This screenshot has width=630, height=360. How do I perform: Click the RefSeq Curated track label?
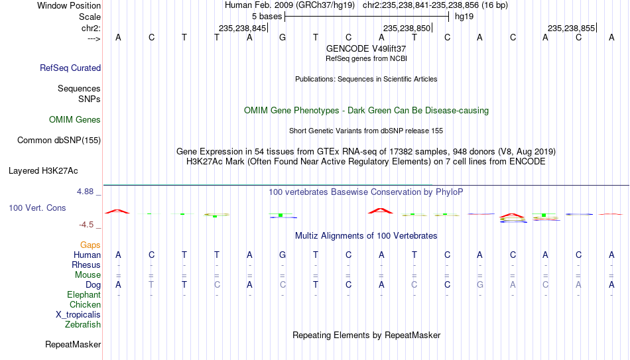[x=70, y=68]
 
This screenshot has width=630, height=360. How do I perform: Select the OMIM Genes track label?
[x=75, y=120]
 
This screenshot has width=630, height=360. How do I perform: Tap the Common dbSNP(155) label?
[x=59, y=141]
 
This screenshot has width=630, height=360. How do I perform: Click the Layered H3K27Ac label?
[x=43, y=171]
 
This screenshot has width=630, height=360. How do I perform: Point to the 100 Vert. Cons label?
[x=37, y=208]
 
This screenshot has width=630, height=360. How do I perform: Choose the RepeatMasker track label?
[x=73, y=344]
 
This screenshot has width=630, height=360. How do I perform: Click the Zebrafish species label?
[x=83, y=325]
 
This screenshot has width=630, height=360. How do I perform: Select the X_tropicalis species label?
[x=78, y=315]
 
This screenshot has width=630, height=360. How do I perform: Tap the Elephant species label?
[x=84, y=294]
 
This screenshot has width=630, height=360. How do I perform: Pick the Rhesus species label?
[x=86, y=265]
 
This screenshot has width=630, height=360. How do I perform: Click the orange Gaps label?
[x=90, y=245]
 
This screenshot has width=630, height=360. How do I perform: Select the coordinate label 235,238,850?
[x=407, y=28]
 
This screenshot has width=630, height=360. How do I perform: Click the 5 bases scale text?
[x=267, y=17]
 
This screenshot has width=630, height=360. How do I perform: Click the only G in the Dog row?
[x=479, y=285]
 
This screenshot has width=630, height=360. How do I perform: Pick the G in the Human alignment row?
[x=283, y=255]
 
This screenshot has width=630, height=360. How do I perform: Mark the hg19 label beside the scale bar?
[x=464, y=17]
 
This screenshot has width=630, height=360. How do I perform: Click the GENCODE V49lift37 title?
[x=366, y=48]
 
